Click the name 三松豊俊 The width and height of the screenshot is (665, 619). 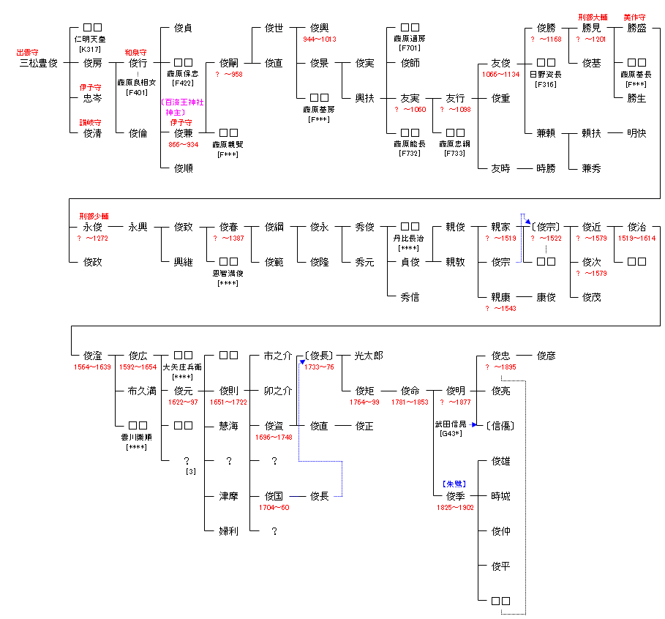point(38,64)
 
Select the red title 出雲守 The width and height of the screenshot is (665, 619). point(28,53)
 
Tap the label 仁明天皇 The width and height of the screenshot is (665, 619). point(92,40)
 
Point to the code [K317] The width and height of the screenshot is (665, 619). point(92,49)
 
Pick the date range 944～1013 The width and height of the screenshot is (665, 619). point(320,40)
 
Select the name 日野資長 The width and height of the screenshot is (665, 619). point(545,75)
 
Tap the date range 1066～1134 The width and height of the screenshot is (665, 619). point(500,75)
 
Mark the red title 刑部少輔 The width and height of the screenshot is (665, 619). point(92,216)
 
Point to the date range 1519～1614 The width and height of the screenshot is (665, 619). point(636,239)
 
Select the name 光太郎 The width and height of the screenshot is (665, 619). point(369,356)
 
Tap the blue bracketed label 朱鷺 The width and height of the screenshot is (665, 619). point(455,484)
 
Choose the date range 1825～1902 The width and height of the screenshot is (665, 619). point(455,507)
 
